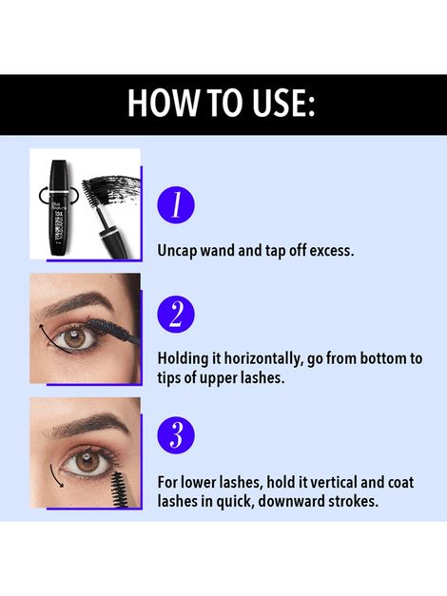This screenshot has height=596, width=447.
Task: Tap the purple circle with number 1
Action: coord(176,204)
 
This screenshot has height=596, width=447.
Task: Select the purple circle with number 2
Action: coord(176,315)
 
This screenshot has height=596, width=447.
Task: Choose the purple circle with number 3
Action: coord(176,434)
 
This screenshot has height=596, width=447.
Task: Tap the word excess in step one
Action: coord(331,252)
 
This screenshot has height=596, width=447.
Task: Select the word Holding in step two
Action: coord(184,358)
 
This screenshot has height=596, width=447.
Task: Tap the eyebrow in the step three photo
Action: coord(86,424)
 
